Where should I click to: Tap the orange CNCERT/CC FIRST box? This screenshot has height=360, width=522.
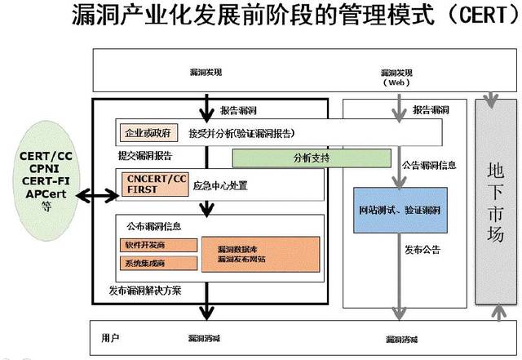[153, 184]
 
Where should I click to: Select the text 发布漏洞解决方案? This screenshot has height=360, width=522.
[151, 290]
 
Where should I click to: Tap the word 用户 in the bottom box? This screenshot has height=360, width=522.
[111, 336]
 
